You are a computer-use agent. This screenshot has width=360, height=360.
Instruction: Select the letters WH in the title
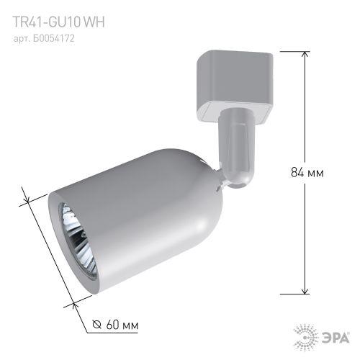coord(94,22)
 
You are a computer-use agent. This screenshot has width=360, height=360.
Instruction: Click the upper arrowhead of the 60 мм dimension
coord(27,194)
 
